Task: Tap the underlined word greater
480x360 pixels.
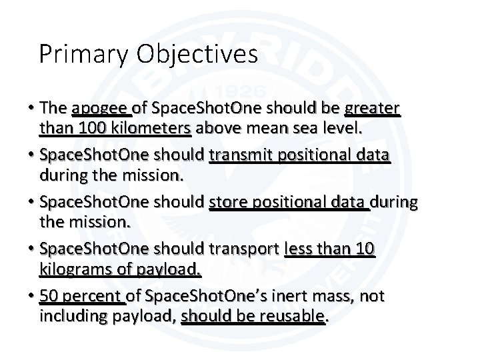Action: pos(371,107)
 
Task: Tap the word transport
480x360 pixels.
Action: pos(245,250)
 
